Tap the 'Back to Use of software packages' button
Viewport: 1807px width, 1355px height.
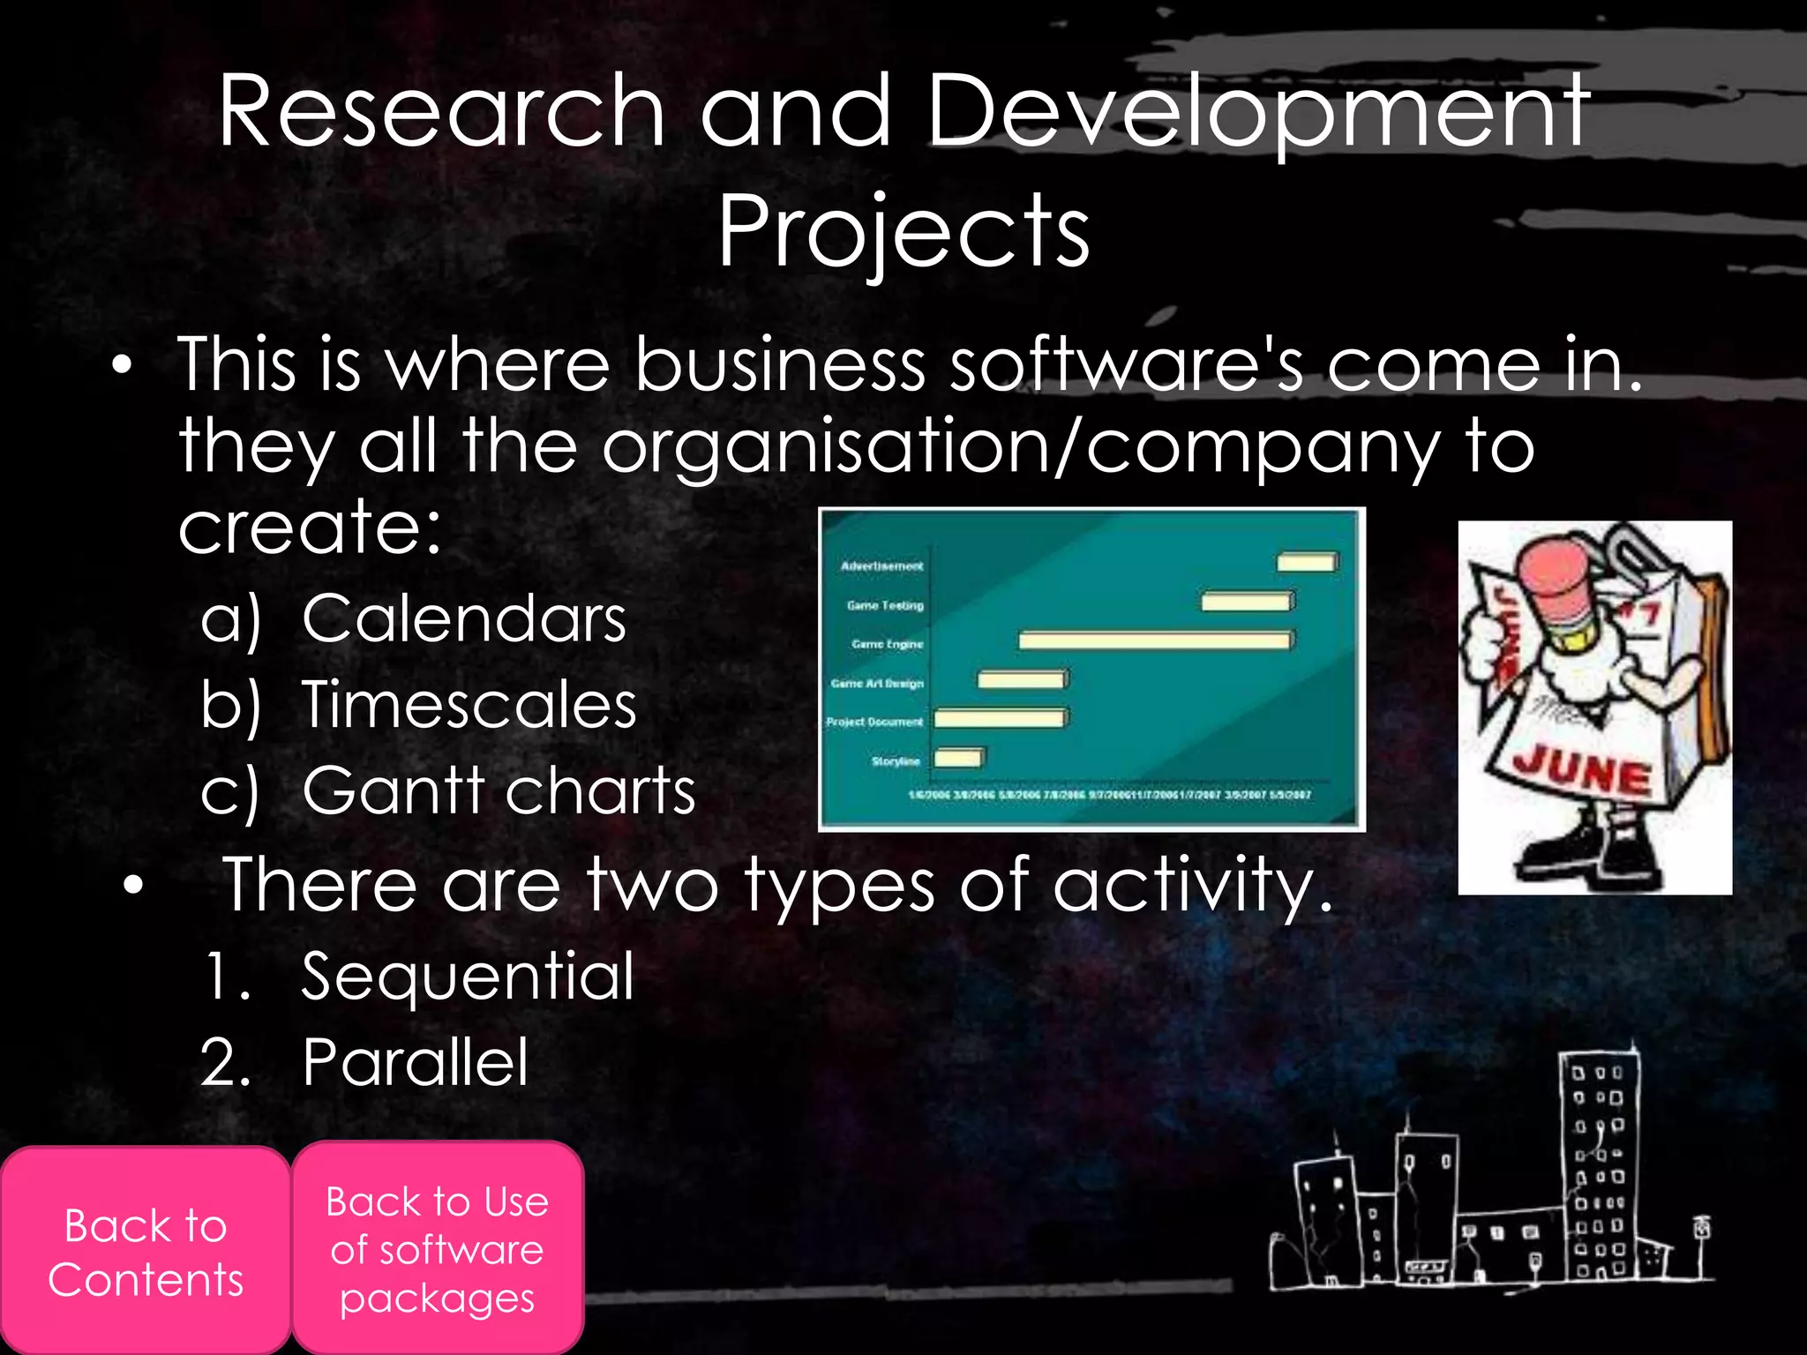(438, 1248)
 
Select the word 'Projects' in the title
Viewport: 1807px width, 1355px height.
(903, 232)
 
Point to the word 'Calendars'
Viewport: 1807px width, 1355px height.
(464, 618)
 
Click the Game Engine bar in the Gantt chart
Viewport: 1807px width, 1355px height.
(1156, 640)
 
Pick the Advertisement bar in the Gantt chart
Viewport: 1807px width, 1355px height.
(1307, 562)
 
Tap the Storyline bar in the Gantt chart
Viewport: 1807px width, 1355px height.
(958, 758)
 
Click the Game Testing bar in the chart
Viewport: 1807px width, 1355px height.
(1247, 602)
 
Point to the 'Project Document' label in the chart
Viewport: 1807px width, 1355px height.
(874, 722)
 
